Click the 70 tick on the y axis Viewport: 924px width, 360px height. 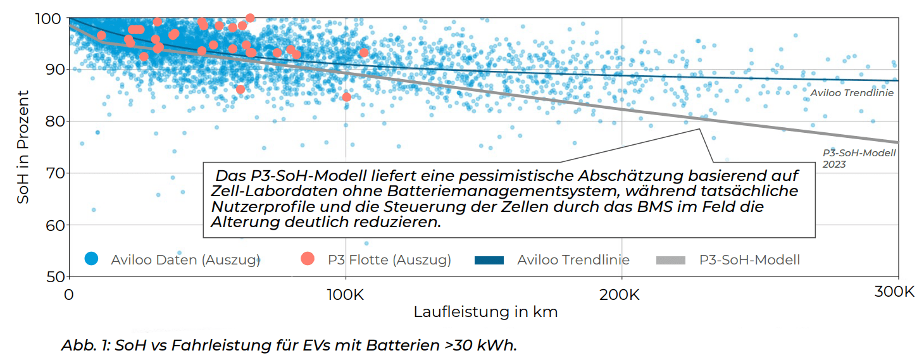pos(51,173)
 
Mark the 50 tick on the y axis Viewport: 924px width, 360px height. pos(51,277)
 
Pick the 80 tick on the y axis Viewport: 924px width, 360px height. pos(51,121)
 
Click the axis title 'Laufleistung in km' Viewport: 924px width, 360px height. pos(485,312)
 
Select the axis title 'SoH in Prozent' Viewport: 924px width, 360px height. pos(23,147)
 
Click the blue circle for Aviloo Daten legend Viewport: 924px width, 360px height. pos(92,259)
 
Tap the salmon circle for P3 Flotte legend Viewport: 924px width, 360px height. pos(308,259)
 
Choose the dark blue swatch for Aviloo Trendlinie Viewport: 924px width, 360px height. pos(489,259)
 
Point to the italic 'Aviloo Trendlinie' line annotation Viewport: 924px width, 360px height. pos(851,93)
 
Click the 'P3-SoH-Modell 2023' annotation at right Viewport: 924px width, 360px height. pos(859,158)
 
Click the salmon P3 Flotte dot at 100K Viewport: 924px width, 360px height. pos(346,97)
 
